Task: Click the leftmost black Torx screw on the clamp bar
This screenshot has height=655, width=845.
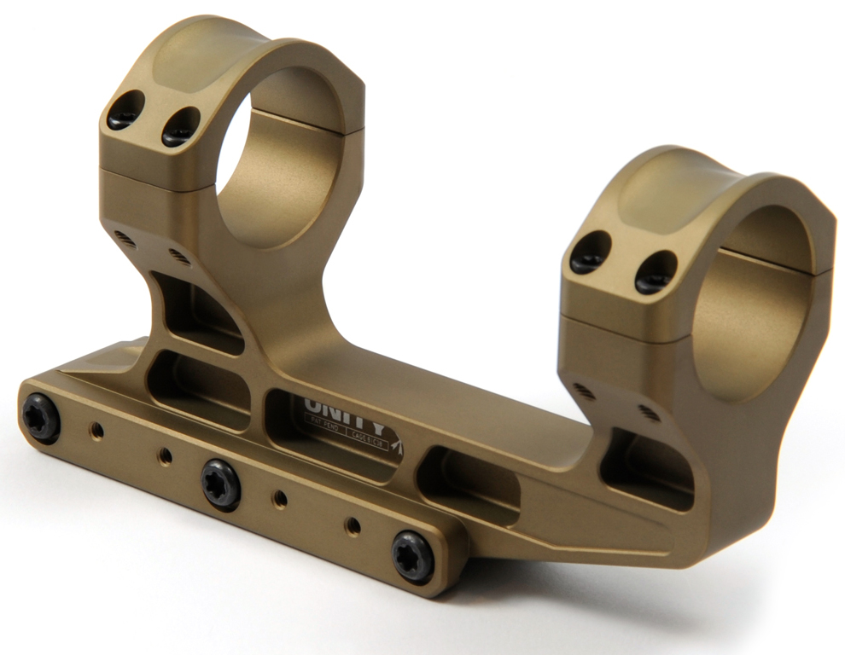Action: (41, 418)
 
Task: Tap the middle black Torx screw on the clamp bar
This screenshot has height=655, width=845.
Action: (221, 484)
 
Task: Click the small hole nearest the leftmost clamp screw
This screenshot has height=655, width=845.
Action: (97, 432)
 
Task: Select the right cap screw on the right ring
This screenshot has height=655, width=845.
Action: (655, 272)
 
